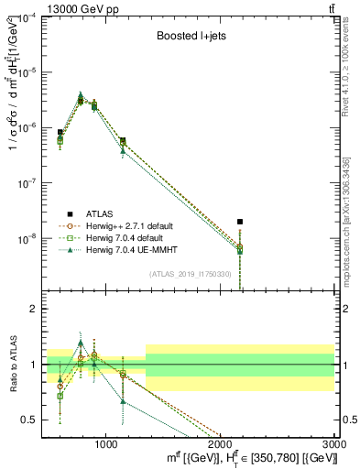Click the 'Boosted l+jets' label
[x=190, y=38]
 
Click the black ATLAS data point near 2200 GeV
[x=240, y=222]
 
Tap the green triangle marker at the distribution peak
[x=81, y=94]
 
